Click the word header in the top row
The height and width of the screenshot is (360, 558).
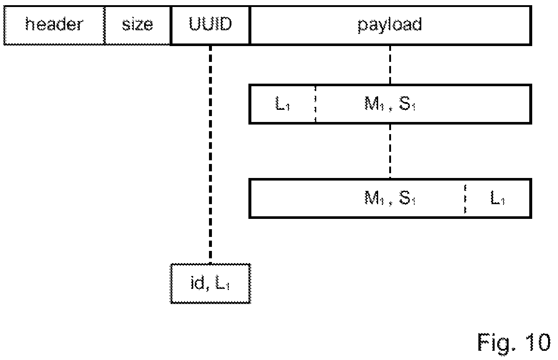pyautogui.click(x=54, y=24)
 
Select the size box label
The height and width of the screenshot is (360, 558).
pyautogui.click(x=137, y=24)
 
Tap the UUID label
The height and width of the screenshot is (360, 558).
pyautogui.click(x=210, y=24)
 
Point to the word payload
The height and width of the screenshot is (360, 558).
pyautogui.click(x=390, y=25)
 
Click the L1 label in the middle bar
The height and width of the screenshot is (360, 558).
pyautogui.click(x=282, y=104)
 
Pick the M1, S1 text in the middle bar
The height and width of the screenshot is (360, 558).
pyautogui.click(x=390, y=104)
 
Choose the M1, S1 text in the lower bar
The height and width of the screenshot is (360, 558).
pyautogui.click(x=390, y=198)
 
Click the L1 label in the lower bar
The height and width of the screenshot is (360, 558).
pyautogui.click(x=498, y=198)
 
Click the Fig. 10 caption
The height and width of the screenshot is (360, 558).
pyautogui.click(x=514, y=343)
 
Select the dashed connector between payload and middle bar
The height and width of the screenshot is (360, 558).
pyautogui.click(x=390, y=65)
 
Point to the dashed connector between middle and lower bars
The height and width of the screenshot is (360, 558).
pyautogui.click(x=390, y=151)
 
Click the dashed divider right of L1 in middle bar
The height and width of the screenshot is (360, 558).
pyautogui.click(x=315, y=104)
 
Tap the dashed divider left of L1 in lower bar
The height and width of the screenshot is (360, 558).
pyautogui.click(x=465, y=199)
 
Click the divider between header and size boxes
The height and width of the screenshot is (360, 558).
pyautogui.click(x=105, y=25)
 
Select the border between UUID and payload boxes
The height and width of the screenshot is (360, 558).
pyautogui.click(x=250, y=25)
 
